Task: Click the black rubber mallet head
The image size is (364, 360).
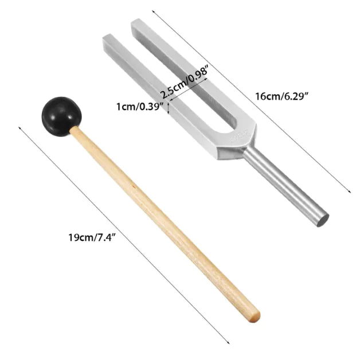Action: [x=61, y=114]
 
